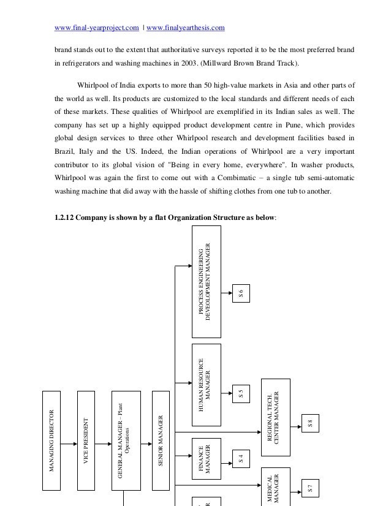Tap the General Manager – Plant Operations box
coord(123,440)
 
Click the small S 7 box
coord(310,489)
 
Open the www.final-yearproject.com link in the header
coord(97,28)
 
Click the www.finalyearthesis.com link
coord(186,28)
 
